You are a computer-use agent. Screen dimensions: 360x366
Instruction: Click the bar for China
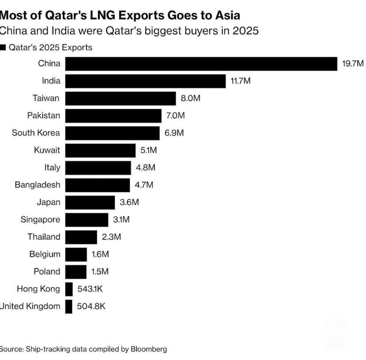pos(201,64)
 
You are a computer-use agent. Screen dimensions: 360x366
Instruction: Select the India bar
pos(146,81)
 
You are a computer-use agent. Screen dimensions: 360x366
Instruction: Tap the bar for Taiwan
pos(121,98)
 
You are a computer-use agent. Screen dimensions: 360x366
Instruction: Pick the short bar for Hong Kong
pos(69,289)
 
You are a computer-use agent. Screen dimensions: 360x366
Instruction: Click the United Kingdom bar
pos(69,306)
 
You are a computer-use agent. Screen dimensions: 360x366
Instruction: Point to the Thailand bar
pos(81,237)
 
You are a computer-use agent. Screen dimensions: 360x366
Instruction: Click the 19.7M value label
pos(353,64)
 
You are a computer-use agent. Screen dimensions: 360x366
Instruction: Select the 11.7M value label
pos(241,81)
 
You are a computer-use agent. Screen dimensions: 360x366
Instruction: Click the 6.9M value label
pos(174,133)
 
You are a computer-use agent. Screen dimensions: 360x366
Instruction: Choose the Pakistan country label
pos(43,115)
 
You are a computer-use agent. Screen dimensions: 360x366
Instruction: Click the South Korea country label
pos(36,133)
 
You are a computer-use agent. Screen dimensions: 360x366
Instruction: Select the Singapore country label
pos(40,220)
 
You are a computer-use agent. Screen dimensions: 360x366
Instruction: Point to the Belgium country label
pos(45,254)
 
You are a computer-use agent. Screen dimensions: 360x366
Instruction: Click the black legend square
pos(3,47)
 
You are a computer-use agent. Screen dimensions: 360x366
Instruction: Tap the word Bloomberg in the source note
pos(149,349)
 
